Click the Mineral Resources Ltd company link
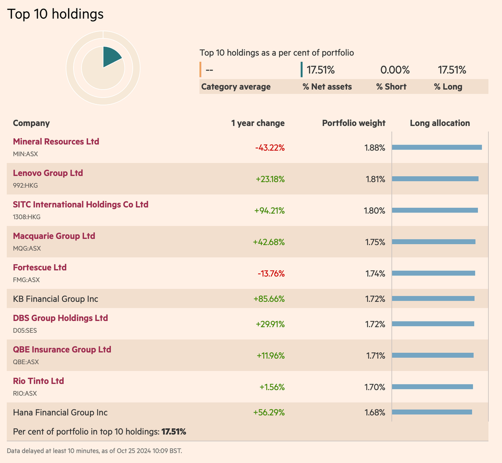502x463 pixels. click(x=56, y=142)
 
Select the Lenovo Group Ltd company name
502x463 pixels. click(x=48, y=173)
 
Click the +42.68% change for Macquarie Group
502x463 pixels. click(x=269, y=242)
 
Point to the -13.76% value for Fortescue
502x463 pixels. click(x=271, y=273)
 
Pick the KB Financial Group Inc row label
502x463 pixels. click(x=55, y=299)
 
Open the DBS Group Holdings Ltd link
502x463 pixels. click(x=60, y=318)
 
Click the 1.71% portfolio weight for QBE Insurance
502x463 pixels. click(x=376, y=356)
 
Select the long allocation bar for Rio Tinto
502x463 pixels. click(x=432, y=387)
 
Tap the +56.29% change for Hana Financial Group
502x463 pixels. click(x=269, y=413)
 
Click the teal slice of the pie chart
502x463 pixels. click(x=111, y=58)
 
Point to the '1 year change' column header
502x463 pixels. click(x=258, y=123)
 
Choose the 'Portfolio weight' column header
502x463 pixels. click(x=353, y=123)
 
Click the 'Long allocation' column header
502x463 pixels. click(x=440, y=123)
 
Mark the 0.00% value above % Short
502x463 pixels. click(x=395, y=70)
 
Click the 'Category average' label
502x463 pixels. click(x=236, y=87)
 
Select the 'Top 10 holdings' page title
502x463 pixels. click(x=55, y=14)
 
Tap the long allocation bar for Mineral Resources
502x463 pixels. click(x=437, y=147)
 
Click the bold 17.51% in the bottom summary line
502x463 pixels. click(x=174, y=432)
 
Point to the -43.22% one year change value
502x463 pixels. click(x=270, y=148)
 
